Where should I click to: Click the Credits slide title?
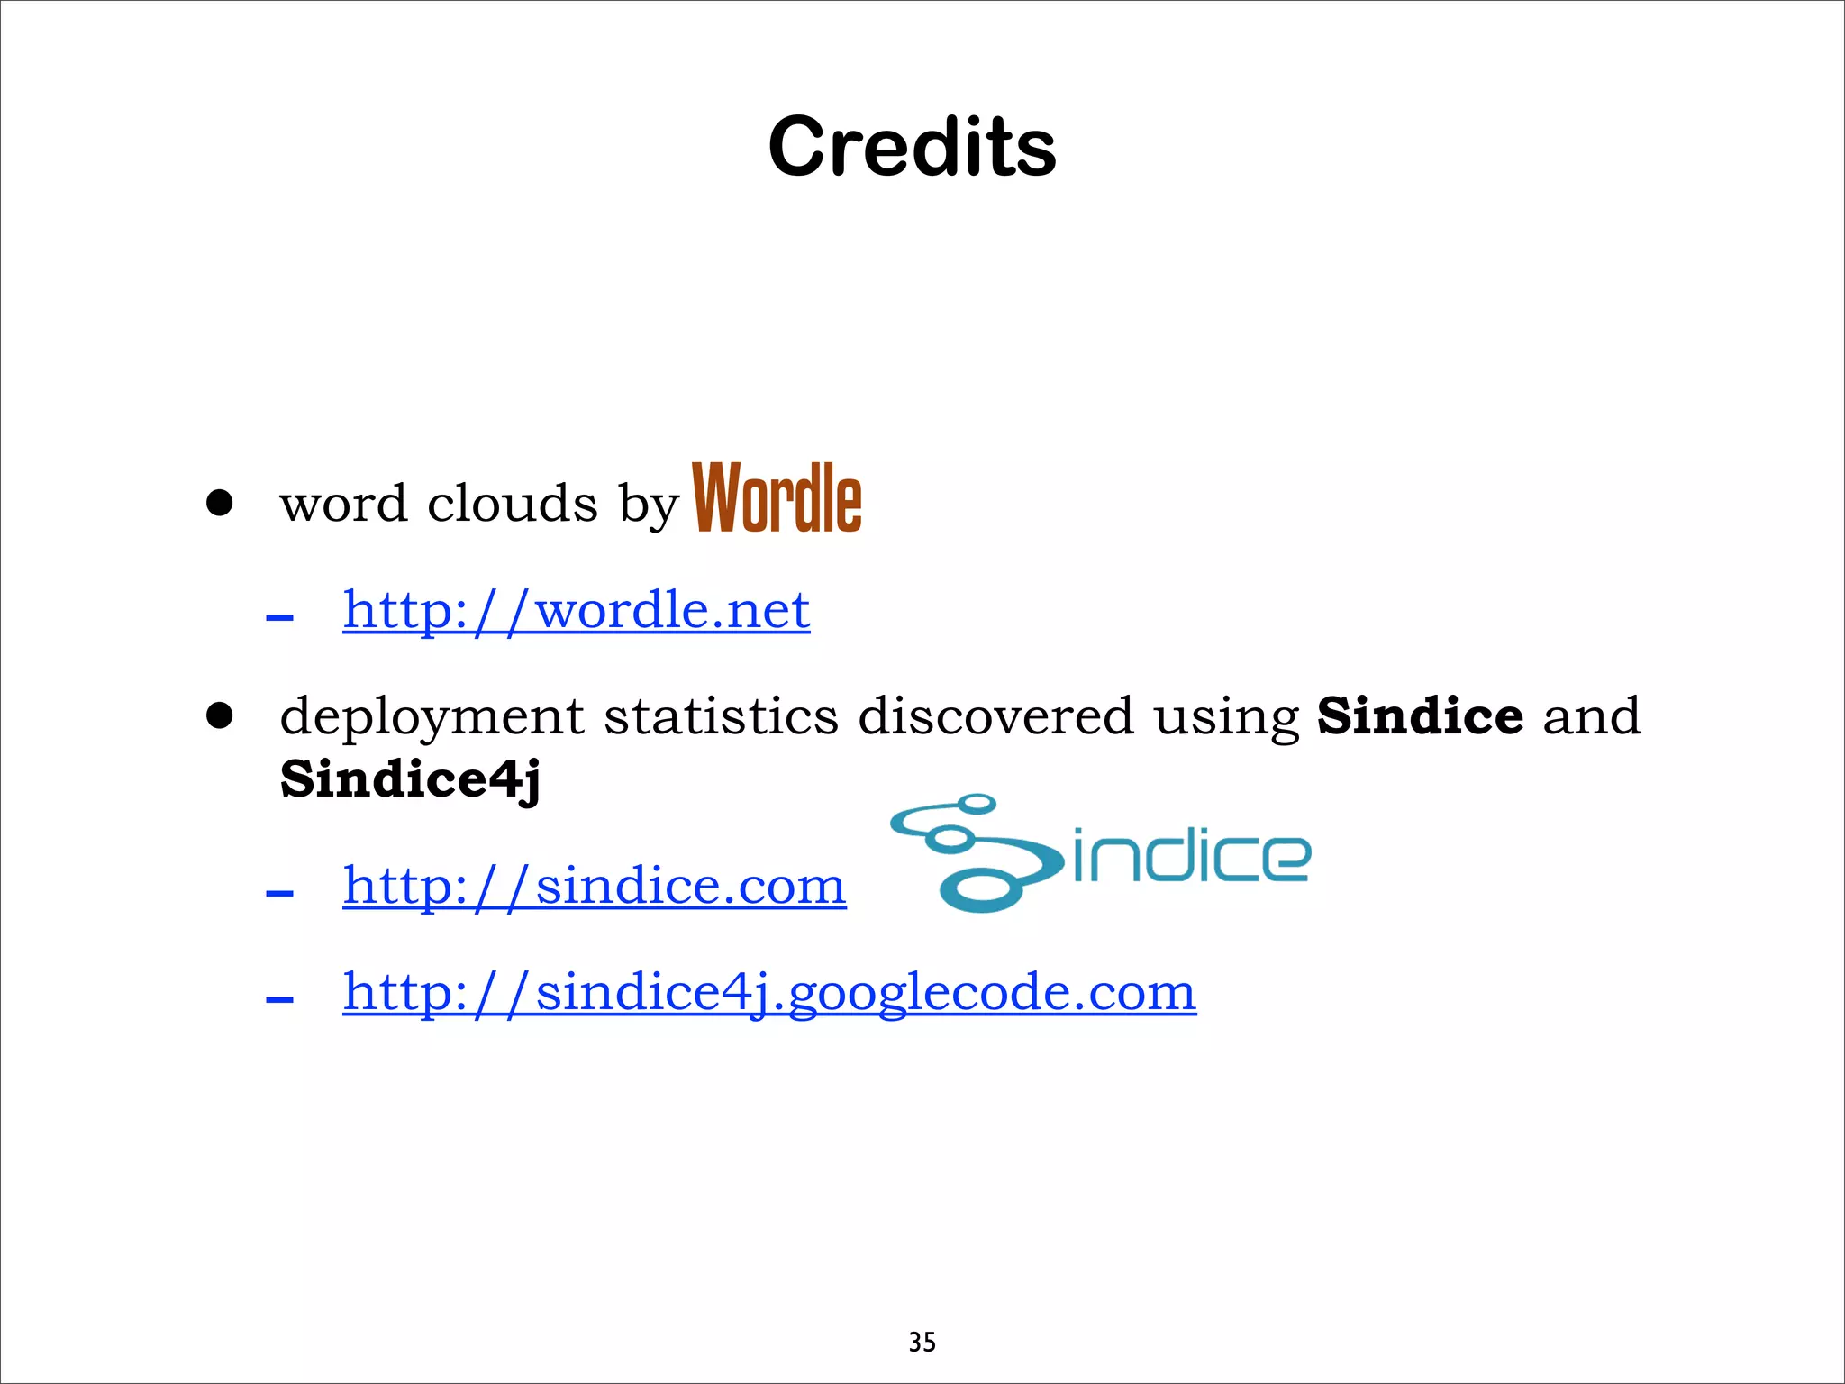pyautogui.click(x=912, y=147)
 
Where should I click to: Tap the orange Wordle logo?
pyautogui.click(x=777, y=497)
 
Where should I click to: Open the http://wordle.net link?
pyautogui.click(x=577, y=610)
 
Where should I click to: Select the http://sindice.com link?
pyautogui.click(x=595, y=886)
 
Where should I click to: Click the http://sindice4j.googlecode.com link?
pyautogui.click(x=769, y=992)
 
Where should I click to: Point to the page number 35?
pyautogui.click(x=922, y=1343)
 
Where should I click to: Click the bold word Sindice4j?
pyautogui.click(x=410, y=778)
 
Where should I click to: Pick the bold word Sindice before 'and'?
pyautogui.click(x=1420, y=716)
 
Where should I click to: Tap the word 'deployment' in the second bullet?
pyautogui.click(x=432, y=718)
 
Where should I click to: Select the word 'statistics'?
pyautogui.click(x=721, y=716)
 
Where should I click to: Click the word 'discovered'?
pyautogui.click(x=995, y=716)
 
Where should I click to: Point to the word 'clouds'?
pyautogui.click(x=512, y=503)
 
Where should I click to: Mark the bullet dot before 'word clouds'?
pyautogui.click(x=219, y=503)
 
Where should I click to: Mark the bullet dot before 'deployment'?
pyautogui.click(x=219, y=716)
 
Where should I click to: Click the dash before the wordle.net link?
pyautogui.click(x=279, y=618)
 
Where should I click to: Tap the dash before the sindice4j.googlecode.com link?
pyautogui.click(x=279, y=999)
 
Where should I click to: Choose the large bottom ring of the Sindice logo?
pyautogui.click(x=982, y=890)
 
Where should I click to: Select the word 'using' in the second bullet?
pyautogui.click(x=1226, y=718)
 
